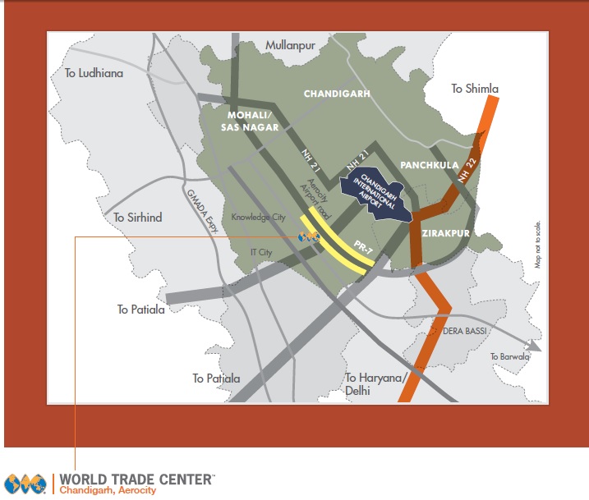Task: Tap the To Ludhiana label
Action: coord(94,74)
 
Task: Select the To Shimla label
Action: coord(475,89)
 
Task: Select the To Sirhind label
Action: coord(138,218)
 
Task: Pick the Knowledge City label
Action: coord(258,218)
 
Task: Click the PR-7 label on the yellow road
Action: coord(356,245)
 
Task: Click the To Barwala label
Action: coord(510,356)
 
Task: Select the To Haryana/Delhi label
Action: coord(376,384)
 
